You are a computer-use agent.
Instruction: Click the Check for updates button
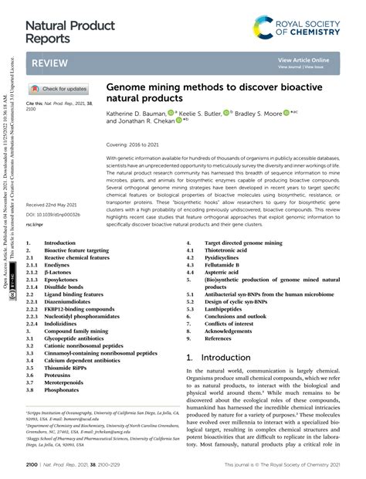[x=59, y=89]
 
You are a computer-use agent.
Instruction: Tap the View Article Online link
[x=303, y=59]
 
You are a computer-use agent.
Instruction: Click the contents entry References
[x=218, y=338]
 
